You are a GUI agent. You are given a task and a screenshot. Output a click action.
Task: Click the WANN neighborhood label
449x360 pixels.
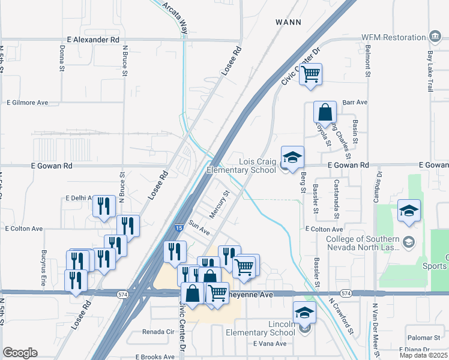pyautogui.click(x=288, y=22)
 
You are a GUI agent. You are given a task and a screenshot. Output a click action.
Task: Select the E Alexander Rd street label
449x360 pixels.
pyautogui.click(x=90, y=39)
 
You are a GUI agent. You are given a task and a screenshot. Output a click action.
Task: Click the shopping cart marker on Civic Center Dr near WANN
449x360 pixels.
pyautogui.click(x=310, y=74)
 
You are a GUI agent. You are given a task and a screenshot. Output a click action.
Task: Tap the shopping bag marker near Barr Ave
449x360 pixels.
pyautogui.click(x=325, y=112)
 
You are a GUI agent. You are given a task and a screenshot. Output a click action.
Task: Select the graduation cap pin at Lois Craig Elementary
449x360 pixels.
pyautogui.click(x=292, y=158)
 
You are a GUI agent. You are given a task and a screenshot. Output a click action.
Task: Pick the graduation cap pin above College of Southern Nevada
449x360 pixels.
pyautogui.click(x=409, y=211)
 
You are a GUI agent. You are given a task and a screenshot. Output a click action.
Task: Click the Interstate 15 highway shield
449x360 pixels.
pyautogui.click(x=179, y=228)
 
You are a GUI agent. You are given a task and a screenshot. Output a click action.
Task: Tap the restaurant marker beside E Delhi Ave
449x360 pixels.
pyautogui.click(x=104, y=206)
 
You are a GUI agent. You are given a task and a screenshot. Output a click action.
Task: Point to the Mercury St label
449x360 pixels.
pyautogui.click(x=220, y=203)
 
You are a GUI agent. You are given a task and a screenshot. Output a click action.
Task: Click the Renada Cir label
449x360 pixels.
pyautogui.click(x=157, y=331)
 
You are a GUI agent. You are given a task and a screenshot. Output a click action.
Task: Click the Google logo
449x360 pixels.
pyautogui.click(x=20, y=353)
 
